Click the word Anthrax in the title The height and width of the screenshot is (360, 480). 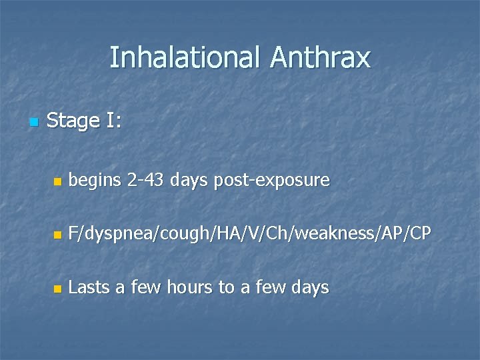320,58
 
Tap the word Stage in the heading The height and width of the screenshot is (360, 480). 73,121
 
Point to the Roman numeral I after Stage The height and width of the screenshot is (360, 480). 110,121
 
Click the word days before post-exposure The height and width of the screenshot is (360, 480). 190,180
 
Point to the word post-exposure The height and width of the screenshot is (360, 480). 272,181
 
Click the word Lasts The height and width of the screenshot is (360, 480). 89,287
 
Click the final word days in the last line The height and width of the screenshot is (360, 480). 310,288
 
